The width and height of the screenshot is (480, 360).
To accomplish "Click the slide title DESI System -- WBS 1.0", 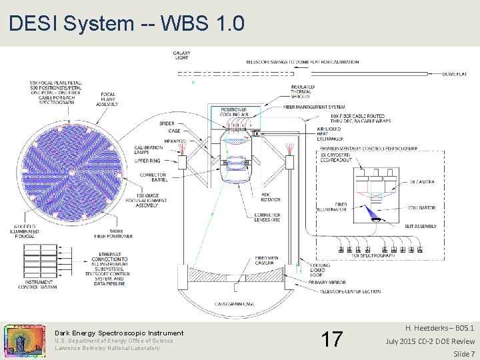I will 127,24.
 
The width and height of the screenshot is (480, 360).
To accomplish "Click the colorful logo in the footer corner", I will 25,340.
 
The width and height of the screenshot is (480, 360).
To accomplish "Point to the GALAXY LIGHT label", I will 181,56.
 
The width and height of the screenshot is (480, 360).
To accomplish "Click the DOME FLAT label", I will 454,75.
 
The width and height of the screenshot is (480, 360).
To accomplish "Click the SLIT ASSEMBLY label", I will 420,227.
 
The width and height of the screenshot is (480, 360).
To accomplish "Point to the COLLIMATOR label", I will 422,208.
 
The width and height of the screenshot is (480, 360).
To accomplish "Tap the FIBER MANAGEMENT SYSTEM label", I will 314,107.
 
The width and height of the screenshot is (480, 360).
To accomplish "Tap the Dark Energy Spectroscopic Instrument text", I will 119,333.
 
